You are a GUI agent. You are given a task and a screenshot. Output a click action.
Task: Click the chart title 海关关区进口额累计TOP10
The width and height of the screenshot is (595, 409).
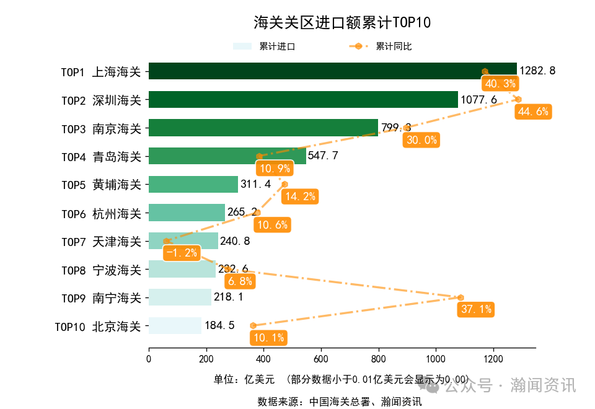point(342,23)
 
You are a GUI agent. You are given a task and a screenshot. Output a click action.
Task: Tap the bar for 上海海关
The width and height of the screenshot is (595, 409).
point(332,71)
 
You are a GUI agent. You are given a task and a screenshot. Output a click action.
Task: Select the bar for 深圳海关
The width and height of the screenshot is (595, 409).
point(303,100)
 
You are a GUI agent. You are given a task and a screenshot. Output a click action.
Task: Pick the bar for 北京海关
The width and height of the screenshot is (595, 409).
point(175,325)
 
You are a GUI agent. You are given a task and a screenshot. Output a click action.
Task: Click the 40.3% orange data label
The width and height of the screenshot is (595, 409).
point(500,84)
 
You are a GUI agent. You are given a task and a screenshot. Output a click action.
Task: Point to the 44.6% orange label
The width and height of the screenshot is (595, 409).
point(533,112)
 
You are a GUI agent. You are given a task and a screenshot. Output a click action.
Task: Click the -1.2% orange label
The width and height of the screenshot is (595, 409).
point(182,253)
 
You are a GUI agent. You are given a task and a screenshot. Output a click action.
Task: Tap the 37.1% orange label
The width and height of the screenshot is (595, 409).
point(475,309)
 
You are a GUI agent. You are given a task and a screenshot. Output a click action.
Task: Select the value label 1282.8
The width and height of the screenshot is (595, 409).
point(537,71)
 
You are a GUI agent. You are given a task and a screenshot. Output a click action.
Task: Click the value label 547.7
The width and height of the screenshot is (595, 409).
point(323,156)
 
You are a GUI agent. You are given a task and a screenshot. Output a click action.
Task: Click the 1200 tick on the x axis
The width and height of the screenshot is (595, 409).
point(493,359)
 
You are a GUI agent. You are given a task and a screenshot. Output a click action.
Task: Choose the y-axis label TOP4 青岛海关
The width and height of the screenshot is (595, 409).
point(101,157)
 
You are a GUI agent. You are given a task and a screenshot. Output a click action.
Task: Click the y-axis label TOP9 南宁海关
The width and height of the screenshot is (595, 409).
point(101,298)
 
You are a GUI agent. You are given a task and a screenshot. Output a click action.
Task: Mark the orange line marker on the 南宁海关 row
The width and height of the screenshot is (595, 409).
point(461,297)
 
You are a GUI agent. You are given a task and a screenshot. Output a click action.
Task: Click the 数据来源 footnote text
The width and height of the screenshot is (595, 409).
point(340,402)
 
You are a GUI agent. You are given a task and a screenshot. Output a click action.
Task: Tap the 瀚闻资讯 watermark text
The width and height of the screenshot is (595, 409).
point(543,385)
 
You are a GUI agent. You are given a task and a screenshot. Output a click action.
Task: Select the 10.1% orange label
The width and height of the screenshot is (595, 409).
point(268,338)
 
